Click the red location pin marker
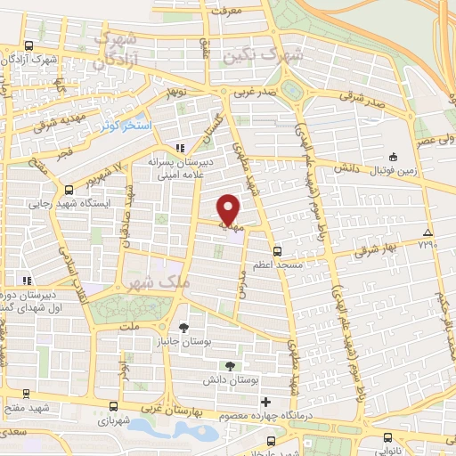[x=229, y=209]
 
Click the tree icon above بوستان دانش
[x=231, y=365]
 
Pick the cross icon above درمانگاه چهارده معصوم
[x=265, y=402]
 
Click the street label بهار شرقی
[x=379, y=250]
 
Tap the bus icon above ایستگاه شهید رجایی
[x=69, y=189]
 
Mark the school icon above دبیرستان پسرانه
[x=180, y=147]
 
